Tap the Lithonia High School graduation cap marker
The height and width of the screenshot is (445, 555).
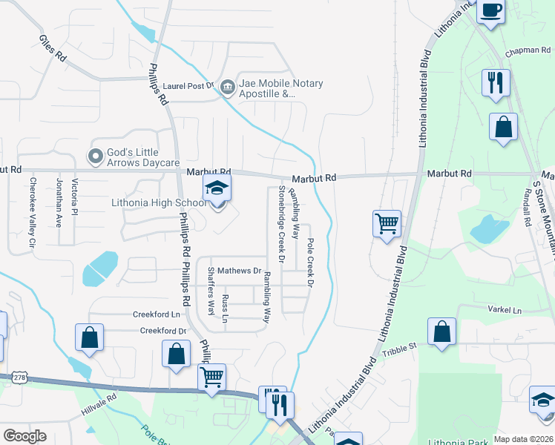(x=217, y=188)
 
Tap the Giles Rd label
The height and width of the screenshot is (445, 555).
(x=53, y=47)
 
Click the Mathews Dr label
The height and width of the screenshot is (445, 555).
(x=240, y=271)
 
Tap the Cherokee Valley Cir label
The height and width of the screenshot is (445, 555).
(x=33, y=212)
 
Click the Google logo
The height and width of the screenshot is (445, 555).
(x=25, y=435)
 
